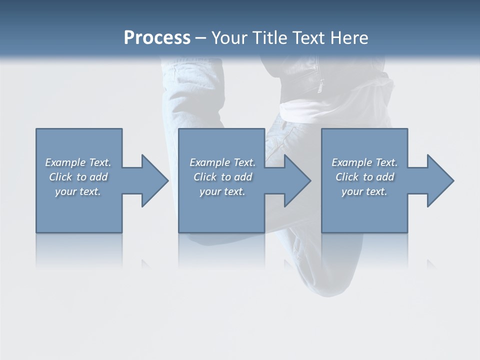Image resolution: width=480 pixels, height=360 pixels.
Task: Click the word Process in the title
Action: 157,38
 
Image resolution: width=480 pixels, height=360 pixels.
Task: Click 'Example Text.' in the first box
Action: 78,162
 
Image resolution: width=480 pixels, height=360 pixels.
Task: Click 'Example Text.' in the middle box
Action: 222,162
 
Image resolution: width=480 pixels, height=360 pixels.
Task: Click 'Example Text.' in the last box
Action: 364,162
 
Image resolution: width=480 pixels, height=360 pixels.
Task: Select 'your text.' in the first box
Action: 78,191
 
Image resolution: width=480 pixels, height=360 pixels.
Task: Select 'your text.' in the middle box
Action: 222,191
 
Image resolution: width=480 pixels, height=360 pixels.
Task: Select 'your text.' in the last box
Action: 364,191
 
